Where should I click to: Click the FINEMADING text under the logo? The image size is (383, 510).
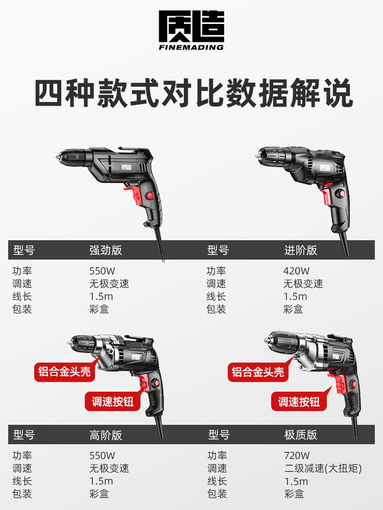pos(191,47)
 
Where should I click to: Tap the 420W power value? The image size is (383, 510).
pos(296,271)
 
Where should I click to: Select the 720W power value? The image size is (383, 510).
pos(297,455)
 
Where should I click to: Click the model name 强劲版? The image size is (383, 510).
pos(106,250)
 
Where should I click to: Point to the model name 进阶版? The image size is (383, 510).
pos(301,250)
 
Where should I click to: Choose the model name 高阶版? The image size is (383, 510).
pos(106,435)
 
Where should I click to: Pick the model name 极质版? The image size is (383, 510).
pos(301,435)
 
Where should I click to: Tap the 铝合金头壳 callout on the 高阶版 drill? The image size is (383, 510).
pos(64,371)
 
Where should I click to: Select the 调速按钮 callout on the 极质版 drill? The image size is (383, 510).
pos(299,402)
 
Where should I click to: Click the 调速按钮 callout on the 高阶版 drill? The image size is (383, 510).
pos(113,401)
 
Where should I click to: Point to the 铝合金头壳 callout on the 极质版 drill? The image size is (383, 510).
pos(258,371)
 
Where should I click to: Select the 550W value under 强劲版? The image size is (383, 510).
pos(102,271)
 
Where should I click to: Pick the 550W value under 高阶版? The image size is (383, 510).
pos(102,455)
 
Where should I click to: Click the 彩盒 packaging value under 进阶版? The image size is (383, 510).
pos(293,309)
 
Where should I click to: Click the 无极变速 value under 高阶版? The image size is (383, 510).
pos(109,468)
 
